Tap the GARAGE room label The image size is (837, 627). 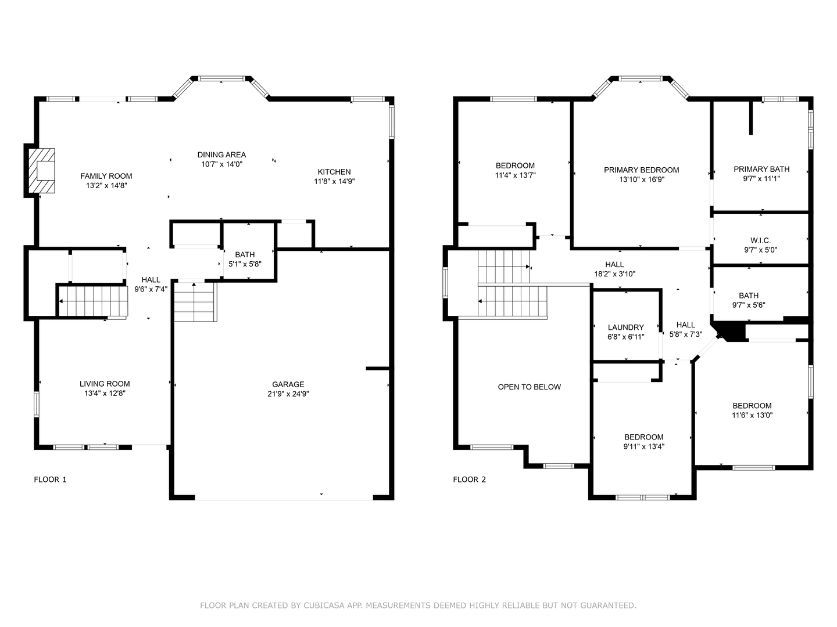tap(288, 384)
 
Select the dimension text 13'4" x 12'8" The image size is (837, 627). tap(105, 394)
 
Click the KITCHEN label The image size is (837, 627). tap(334, 172)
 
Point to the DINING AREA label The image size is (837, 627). tap(221, 154)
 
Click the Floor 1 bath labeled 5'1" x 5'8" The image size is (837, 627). tap(245, 259)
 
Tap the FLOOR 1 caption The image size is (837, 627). tap(51, 480)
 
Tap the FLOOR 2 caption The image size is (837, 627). tap(469, 480)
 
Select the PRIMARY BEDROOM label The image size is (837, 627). tap(641, 170)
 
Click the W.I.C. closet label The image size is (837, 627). tap(760, 240)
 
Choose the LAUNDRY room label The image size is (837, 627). tap(626, 327)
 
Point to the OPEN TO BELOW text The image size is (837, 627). tap(530, 387)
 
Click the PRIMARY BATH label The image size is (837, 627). tap(761, 169)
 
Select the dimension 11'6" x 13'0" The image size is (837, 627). tap(752, 416)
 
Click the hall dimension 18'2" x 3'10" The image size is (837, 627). tap(614, 274)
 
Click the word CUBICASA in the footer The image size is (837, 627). tap(324, 606)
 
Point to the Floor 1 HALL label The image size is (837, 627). tap(151, 280)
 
